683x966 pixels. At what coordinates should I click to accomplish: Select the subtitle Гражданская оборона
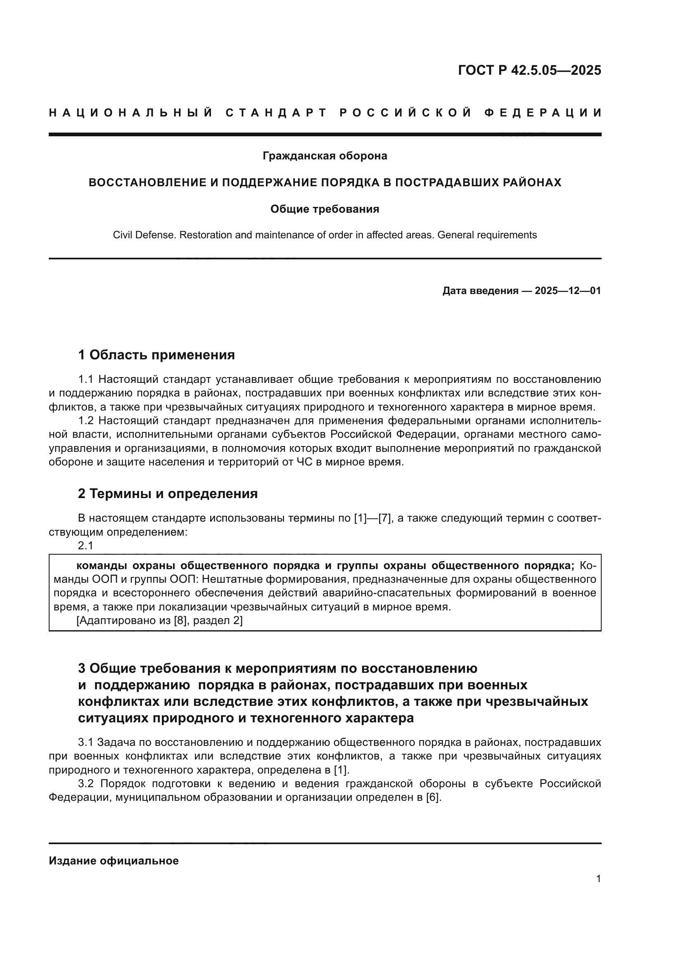point(325,156)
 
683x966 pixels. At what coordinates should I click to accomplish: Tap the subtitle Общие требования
point(325,209)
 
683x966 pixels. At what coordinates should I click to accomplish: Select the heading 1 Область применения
point(156,355)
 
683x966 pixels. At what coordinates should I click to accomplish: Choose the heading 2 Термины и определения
point(167,494)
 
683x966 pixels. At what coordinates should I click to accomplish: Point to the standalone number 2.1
point(85,546)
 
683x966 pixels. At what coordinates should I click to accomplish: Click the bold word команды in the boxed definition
point(101,566)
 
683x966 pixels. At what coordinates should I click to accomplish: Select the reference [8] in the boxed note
point(180,621)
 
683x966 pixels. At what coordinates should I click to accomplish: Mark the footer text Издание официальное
point(114,861)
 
